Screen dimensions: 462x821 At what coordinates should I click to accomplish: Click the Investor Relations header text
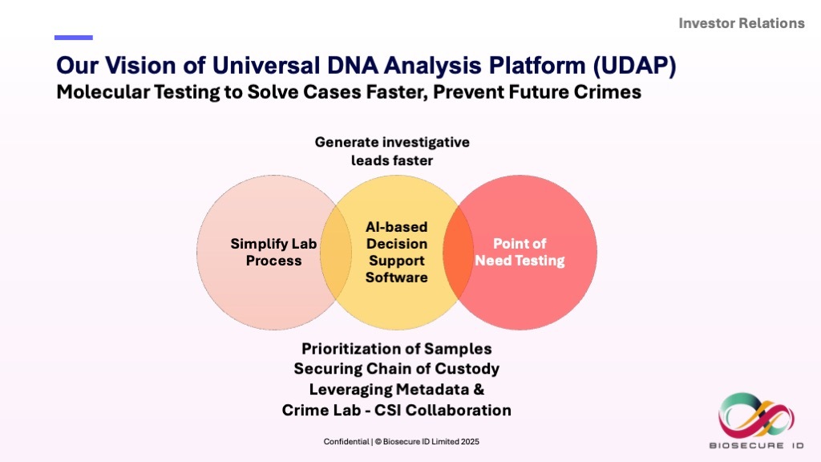742,23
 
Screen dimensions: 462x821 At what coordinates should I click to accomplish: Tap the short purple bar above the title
73,38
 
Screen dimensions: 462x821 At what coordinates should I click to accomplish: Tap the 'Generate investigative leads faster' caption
392,151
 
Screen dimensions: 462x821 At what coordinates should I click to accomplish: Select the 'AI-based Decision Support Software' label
396,252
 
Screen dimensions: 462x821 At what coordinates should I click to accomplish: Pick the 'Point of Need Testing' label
520,252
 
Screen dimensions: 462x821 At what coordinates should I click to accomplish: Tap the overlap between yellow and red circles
458,252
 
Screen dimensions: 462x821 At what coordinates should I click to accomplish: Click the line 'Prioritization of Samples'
396,349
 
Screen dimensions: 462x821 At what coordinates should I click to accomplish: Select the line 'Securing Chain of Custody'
396,369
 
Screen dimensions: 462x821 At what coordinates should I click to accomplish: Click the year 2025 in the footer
471,442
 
